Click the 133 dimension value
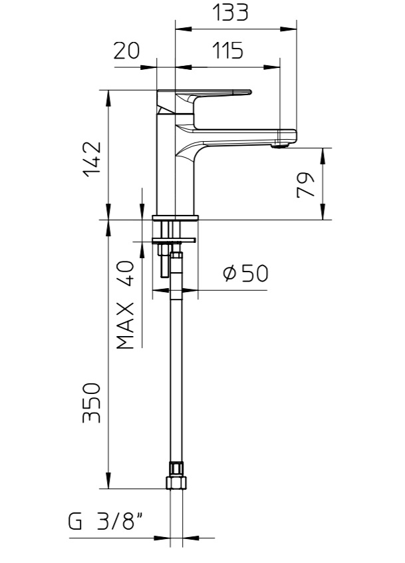coord(230,12)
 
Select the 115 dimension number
coord(228,51)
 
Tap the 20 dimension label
coord(126,51)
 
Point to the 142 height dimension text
coord(92,159)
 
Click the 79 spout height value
coord(305,185)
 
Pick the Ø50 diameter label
coord(245,274)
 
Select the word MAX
coord(126,325)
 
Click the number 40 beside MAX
coord(126,273)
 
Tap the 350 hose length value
coord(92,403)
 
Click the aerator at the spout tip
coord(280,145)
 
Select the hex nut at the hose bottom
coord(176,482)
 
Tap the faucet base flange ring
coord(176,218)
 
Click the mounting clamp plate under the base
coord(174,240)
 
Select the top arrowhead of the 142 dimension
coord(108,98)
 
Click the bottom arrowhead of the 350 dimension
coord(108,480)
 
